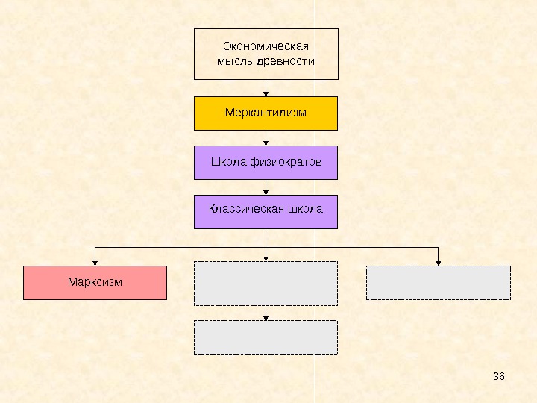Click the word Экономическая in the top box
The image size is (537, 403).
point(266,47)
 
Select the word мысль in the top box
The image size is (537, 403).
point(235,61)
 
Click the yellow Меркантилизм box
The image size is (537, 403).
point(266,113)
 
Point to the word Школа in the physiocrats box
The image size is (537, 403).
point(227,162)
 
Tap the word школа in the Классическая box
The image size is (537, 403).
point(307,209)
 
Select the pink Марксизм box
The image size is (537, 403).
point(95,283)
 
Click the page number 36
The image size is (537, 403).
point(499,375)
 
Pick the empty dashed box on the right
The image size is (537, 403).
point(438,283)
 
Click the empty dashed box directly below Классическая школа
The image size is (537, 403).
point(266,284)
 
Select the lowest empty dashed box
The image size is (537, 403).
point(266,337)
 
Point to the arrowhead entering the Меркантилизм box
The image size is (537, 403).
point(266,93)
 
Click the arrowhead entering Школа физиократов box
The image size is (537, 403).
point(266,143)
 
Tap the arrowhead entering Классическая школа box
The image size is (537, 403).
point(266,192)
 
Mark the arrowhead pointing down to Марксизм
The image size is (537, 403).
point(95,262)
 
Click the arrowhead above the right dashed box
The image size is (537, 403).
point(438,262)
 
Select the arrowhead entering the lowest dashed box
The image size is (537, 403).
point(266,318)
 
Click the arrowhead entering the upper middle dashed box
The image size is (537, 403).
point(266,258)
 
